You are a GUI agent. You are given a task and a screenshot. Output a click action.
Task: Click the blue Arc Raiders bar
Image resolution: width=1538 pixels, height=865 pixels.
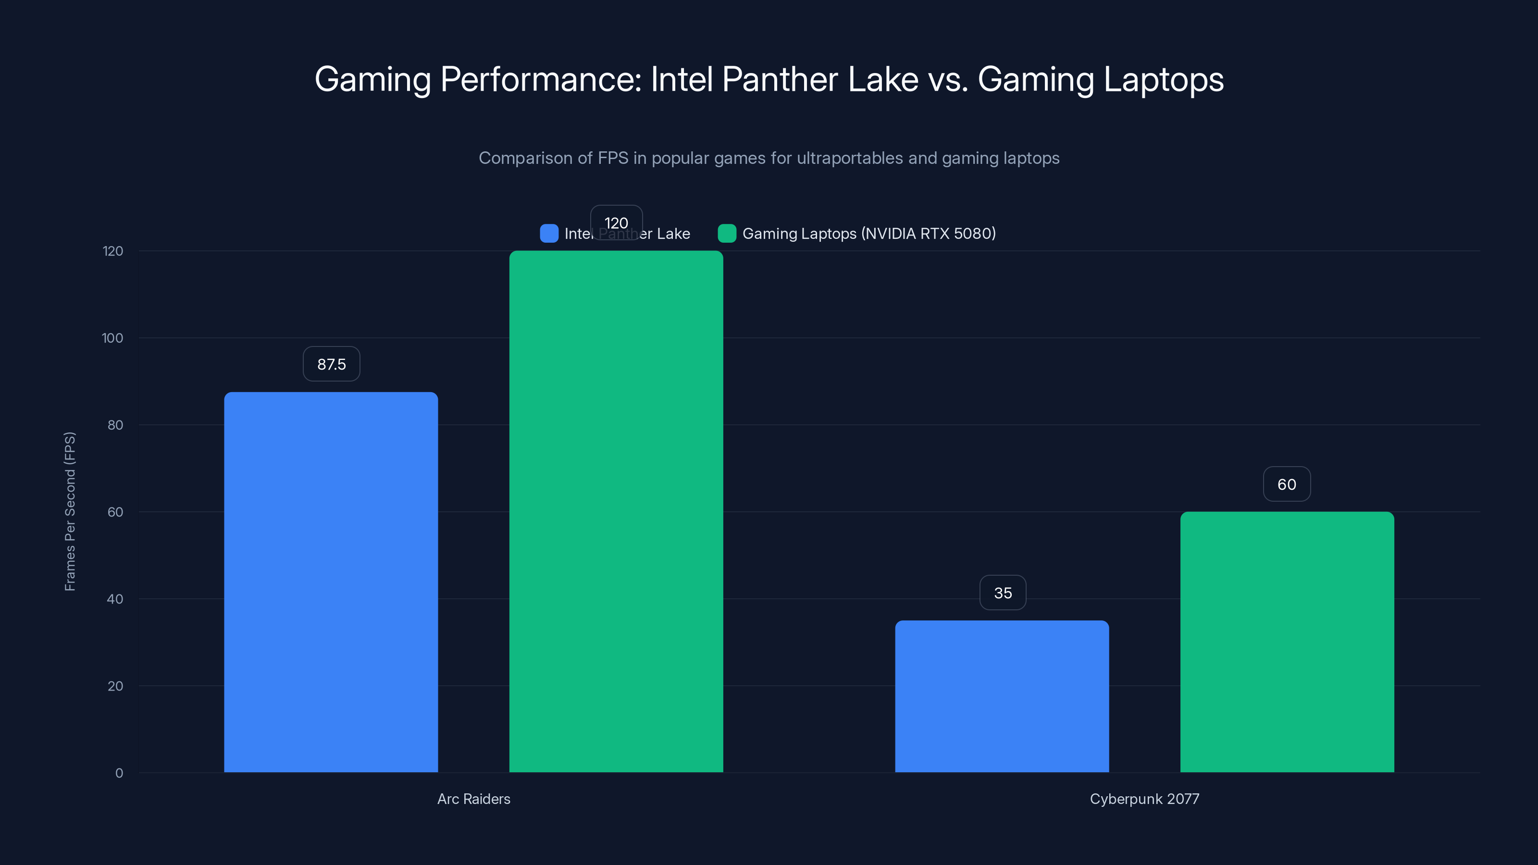pos(331,582)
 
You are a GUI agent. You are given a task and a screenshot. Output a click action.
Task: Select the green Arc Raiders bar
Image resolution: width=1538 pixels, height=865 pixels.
pos(616,512)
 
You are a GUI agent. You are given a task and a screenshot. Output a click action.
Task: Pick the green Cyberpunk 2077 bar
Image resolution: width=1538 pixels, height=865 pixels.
pos(1287,642)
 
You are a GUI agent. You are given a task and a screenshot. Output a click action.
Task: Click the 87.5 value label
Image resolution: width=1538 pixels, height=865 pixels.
pos(331,364)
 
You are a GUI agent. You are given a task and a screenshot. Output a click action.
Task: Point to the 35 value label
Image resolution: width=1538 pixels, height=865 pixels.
pos(1003,593)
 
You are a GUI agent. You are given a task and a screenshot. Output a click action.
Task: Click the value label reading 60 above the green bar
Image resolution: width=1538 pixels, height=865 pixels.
pos(1287,484)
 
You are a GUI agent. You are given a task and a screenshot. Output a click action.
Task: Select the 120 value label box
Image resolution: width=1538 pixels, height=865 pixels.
pos(616,222)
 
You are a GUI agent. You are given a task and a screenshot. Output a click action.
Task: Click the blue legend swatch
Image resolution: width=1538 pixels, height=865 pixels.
pos(549,234)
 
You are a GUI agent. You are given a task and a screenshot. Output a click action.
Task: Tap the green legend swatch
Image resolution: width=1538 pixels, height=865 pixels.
pos(727,234)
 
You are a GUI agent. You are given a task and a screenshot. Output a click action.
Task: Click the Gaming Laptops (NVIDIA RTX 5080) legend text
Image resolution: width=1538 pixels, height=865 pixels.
pos(868,234)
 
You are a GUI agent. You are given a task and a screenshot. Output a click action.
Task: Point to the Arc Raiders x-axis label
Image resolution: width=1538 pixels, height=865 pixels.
pos(473,799)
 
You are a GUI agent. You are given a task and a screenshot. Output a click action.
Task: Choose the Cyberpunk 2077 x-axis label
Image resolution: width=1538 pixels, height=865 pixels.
pos(1144,799)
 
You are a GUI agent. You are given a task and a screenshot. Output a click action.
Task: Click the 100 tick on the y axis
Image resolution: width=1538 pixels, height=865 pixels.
pos(112,338)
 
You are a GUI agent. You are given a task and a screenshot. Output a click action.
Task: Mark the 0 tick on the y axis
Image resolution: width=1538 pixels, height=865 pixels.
pos(119,773)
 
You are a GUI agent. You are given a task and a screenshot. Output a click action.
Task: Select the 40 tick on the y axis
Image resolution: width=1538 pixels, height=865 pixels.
pos(115,599)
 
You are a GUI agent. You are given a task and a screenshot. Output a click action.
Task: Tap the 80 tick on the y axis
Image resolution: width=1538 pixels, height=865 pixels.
pos(115,425)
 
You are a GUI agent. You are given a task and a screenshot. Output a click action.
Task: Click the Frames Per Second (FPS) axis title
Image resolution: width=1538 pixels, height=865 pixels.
pos(70,512)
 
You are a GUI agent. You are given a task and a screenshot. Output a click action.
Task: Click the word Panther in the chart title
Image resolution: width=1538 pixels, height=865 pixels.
pos(780,79)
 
